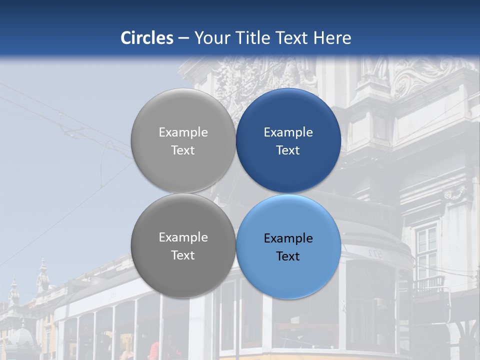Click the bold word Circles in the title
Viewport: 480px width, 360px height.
pyautogui.click(x=147, y=38)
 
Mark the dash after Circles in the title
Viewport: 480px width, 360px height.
pyautogui.click(x=183, y=38)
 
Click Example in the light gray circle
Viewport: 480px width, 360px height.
pyautogui.click(x=183, y=132)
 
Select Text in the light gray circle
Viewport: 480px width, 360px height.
pyautogui.click(x=183, y=150)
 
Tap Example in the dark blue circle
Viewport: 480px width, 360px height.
pyautogui.click(x=288, y=132)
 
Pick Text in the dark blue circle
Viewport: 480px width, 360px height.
pyautogui.click(x=288, y=150)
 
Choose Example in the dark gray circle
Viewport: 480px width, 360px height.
pyautogui.click(x=183, y=237)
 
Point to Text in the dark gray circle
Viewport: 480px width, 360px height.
pyautogui.click(x=183, y=255)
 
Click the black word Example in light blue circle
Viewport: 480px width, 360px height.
pyautogui.click(x=288, y=238)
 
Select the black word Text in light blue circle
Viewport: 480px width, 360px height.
pyautogui.click(x=288, y=256)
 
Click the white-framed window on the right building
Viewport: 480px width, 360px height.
pyautogui.click(x=426, y=247)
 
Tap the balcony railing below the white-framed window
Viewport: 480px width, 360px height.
pyautogui.click(x=428, y=285)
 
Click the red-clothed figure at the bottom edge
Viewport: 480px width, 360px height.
pyautogui.click(x=154, y=351)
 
